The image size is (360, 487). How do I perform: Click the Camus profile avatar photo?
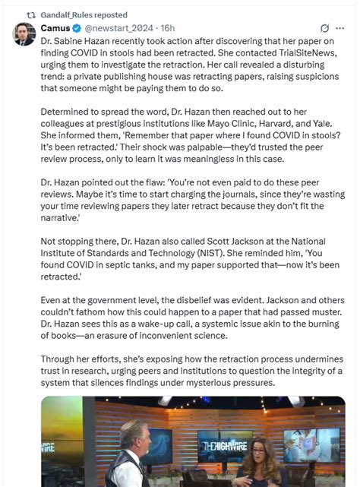pos(24,35)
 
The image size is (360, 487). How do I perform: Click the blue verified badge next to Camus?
pos(77,28)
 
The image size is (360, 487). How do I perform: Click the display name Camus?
pos(55,28)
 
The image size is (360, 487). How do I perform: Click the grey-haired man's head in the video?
pos(135,437)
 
